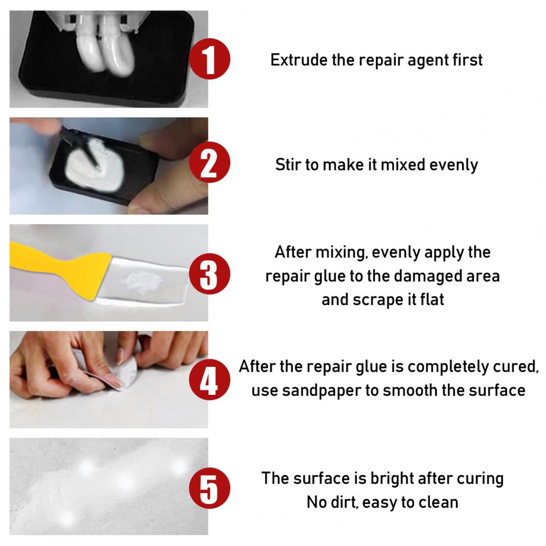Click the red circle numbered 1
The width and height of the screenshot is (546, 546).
click(209, 59)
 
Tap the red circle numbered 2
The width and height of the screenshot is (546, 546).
click(209, 162)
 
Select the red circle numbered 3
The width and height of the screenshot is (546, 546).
click(209, 274)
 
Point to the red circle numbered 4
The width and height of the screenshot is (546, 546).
click(209, 380)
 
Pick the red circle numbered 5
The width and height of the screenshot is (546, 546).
click(209, 488)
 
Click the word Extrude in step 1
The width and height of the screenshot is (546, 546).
click(299, 60)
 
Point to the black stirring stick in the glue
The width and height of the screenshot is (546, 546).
click(91, 154)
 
